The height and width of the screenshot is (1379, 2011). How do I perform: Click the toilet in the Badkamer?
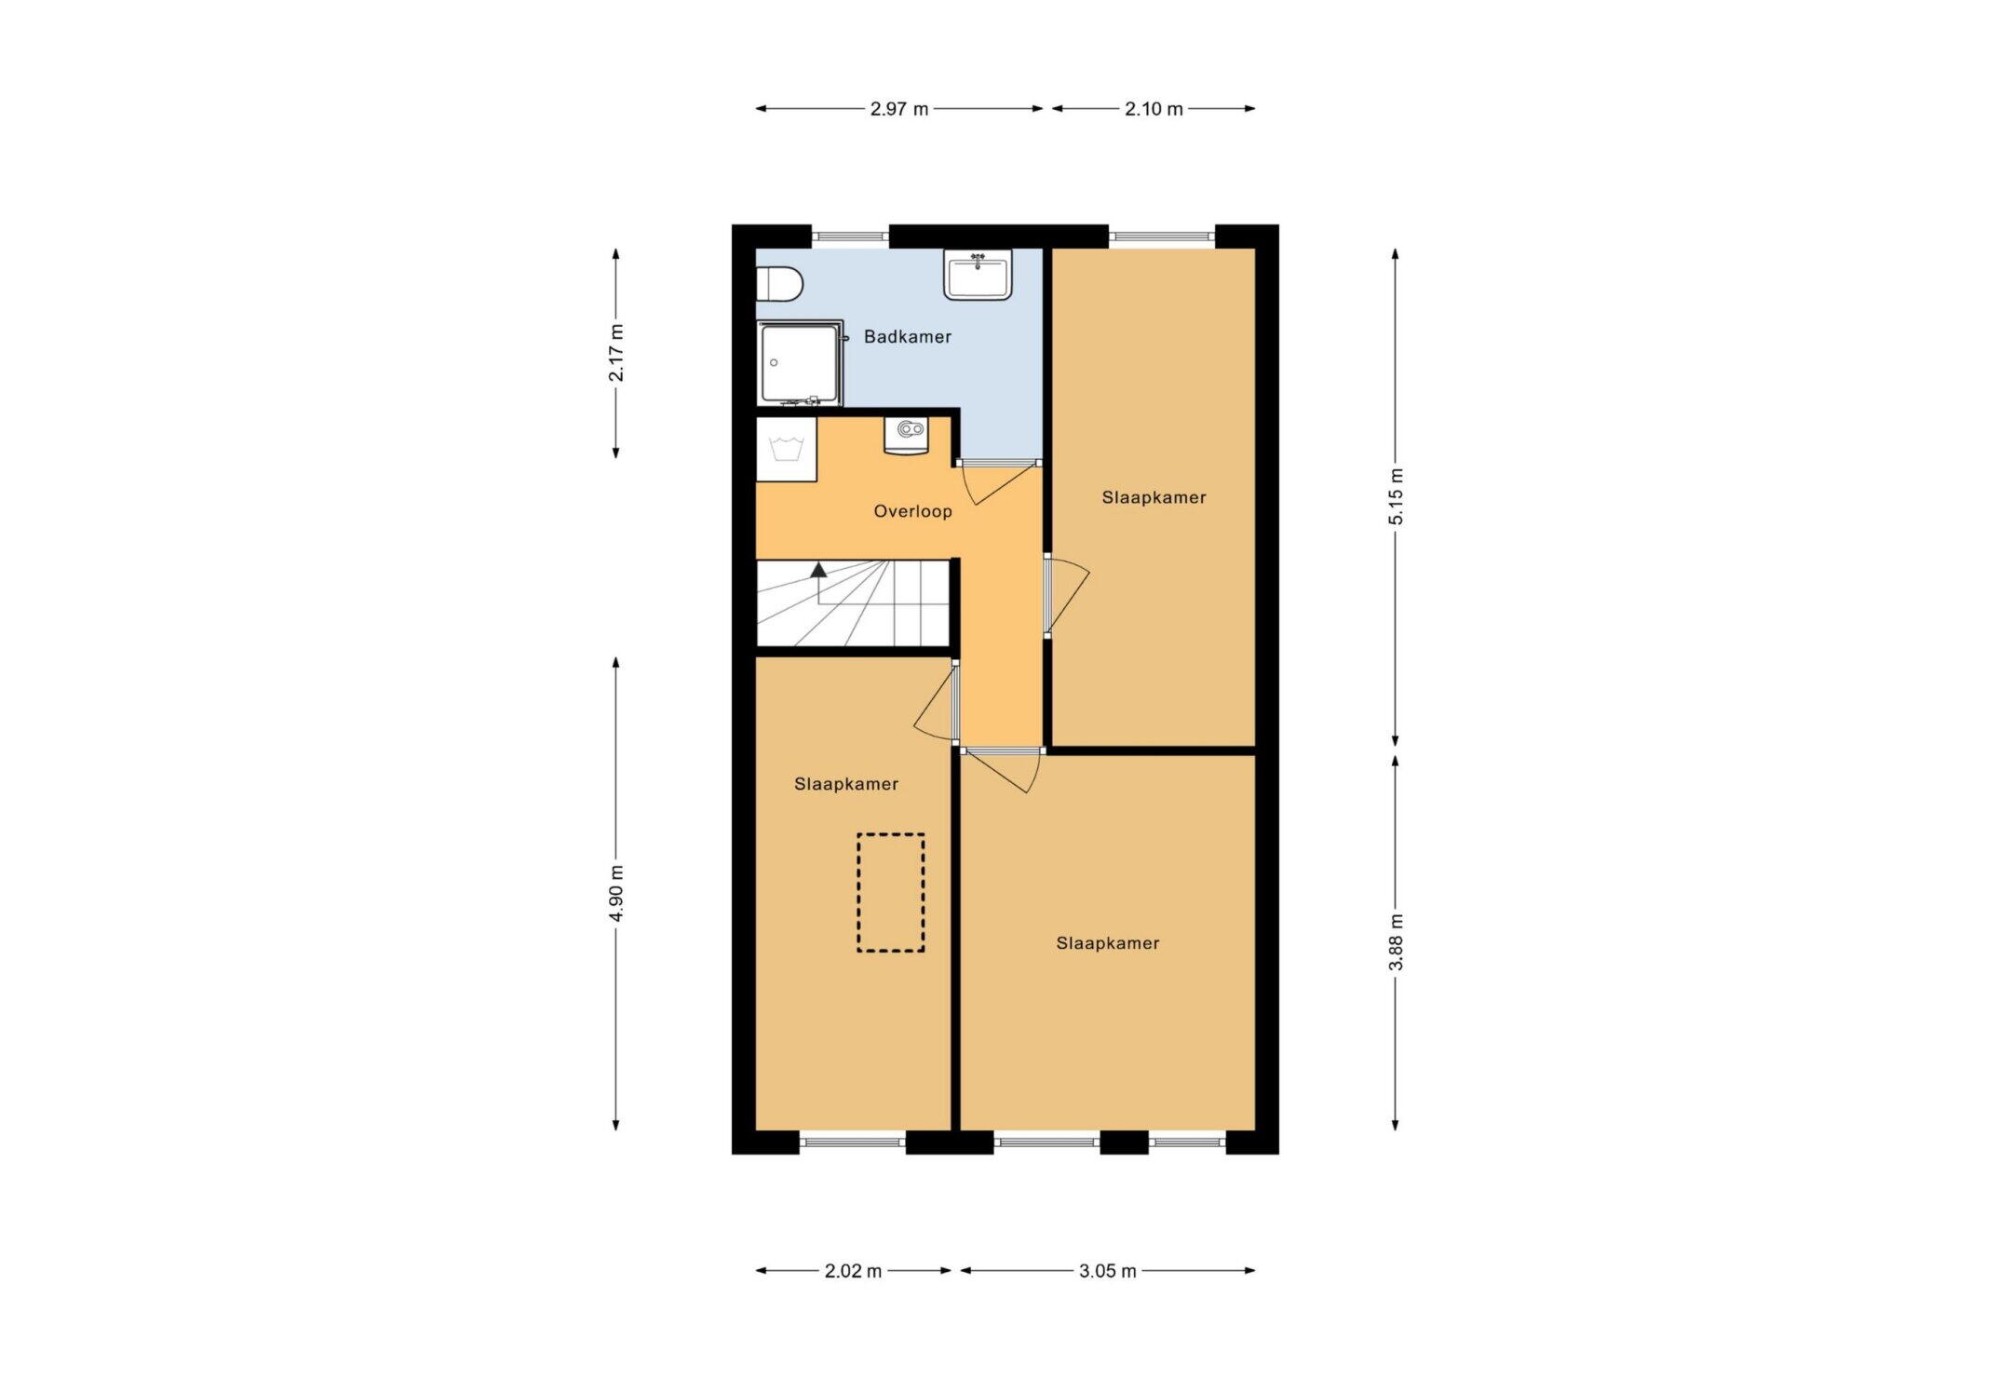pos(778,285)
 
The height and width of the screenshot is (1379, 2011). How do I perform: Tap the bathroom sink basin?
pos(978,275)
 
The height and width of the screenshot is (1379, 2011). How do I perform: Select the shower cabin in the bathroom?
pos(801,363)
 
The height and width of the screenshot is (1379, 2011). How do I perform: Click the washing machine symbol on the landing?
pos(787,450)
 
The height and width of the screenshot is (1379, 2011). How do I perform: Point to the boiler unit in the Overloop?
pos(906,435)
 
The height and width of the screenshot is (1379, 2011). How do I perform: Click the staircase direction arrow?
pos(819,583)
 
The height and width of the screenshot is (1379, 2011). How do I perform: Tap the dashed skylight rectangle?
pos(891,893)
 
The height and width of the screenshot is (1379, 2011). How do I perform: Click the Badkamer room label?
pos(908,337)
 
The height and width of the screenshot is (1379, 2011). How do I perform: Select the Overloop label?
pos(912,511)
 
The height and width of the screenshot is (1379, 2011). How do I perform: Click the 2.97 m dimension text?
pos(899,109)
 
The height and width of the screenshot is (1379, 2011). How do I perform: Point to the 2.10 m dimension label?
pos(1154,109)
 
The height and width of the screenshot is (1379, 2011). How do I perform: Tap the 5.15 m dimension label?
pos(1396,496)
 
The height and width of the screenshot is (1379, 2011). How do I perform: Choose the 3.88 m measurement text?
pos(1396,942)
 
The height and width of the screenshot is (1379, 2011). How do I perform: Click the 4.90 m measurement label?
pos(616,893)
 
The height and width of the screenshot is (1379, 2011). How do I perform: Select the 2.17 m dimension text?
pos(616,353)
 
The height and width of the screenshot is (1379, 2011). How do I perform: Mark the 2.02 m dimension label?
pos(853,1271)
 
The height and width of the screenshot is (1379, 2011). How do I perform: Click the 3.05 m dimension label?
pos(1108,1271)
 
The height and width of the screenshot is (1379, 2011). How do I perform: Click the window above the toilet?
pos(850,237)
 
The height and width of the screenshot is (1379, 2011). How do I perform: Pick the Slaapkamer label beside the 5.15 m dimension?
pos(1154,497)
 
